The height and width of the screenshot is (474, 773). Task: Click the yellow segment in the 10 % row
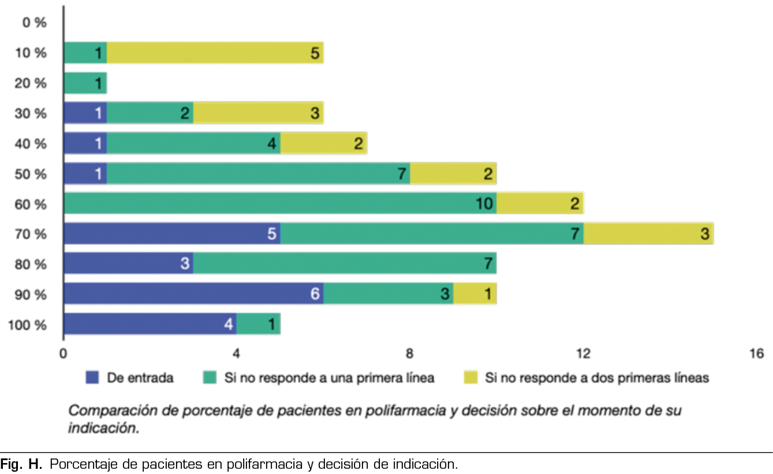[x=215, y=53]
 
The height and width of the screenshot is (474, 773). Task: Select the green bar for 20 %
[x=85, y=83]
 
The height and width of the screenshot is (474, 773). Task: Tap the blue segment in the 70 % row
[x=171, y=234]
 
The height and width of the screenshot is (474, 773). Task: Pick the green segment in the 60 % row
[x=280, y=204]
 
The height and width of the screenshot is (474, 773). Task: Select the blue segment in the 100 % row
[x=150, y=324]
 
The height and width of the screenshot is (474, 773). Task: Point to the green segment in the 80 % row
[x=345, y=264]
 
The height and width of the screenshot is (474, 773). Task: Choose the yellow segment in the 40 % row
[x=323, y=144]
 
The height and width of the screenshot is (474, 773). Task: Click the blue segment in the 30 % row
[x=85, y=113]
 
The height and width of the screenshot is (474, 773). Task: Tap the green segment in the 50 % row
[x=258, y=174]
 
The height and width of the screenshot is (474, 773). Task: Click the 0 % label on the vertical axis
[x=33, y=23]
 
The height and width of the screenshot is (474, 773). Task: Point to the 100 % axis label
[x=28, y=325]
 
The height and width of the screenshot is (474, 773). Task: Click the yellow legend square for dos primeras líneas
[x=470, y=378]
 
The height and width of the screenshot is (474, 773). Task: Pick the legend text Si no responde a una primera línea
[x=329, y=378]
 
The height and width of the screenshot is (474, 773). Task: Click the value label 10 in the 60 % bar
[x=484, y=204]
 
